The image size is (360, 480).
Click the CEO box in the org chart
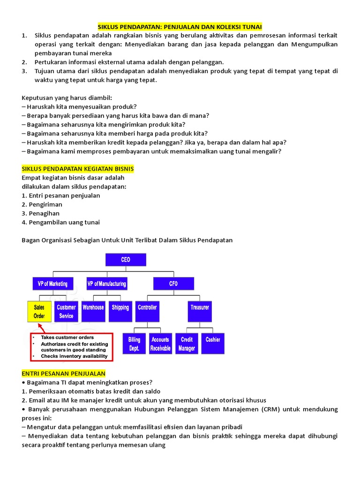(126, 260)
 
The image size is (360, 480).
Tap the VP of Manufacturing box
(106, 284)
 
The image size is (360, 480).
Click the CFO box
(173, 284)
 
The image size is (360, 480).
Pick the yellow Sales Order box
(39, 312)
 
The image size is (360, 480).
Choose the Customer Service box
(66, 312)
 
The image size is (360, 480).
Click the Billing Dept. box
(134, 344)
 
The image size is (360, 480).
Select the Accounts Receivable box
(160, 344)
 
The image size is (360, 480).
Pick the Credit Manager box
(187, 344)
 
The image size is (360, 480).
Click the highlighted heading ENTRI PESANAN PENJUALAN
(64, 374)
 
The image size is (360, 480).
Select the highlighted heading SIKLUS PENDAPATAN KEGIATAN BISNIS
(78, 169)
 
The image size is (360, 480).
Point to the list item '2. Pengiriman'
(42, 204)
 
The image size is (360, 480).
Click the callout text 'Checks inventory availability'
(74, 356)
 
